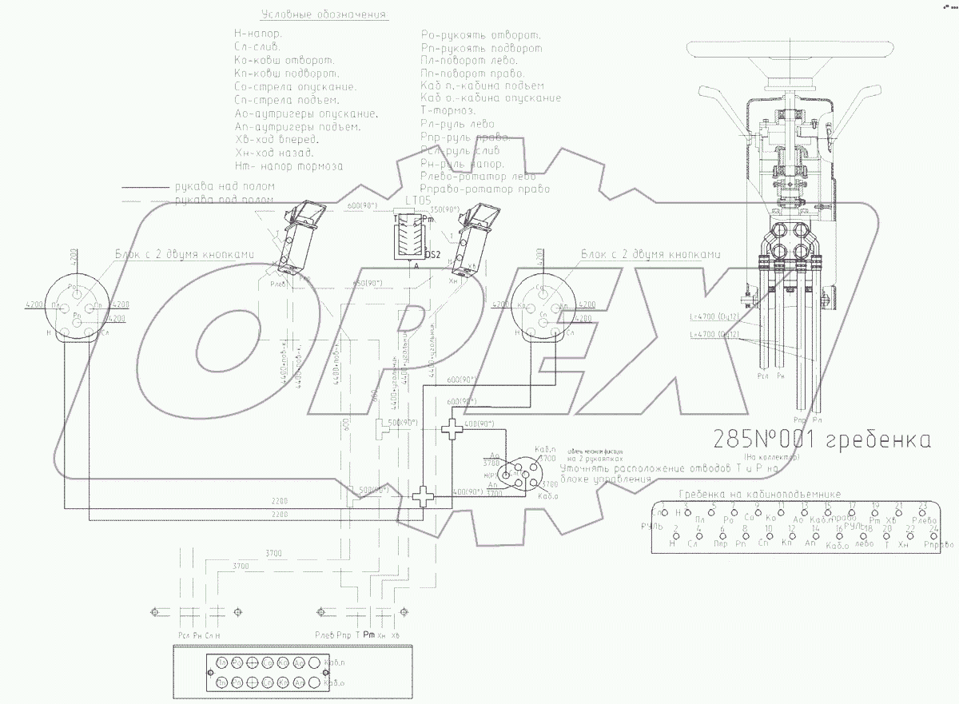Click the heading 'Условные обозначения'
324,14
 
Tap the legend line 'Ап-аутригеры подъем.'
298,126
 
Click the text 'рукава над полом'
225,186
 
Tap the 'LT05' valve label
418,200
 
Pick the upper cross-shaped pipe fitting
452,430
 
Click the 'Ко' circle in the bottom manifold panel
253,662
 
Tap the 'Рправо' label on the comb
938,545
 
